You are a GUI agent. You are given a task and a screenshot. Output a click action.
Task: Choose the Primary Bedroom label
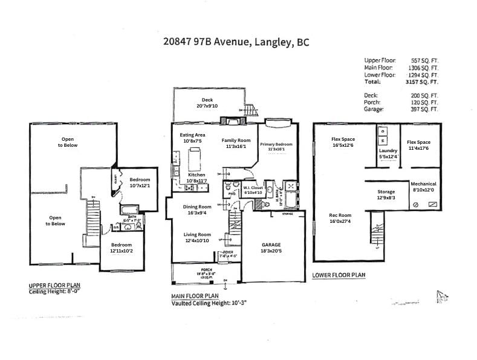tap(276, 145)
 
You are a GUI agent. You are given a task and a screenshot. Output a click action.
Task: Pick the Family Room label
tap(233, 143)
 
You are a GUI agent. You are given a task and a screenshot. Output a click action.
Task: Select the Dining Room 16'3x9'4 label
tap(197, 210)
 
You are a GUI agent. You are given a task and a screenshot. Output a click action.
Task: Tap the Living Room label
tap(197, 237)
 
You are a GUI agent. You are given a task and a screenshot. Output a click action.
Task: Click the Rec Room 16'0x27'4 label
tap(340, 218)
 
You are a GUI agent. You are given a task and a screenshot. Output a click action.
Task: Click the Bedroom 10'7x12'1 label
tap(139, 182)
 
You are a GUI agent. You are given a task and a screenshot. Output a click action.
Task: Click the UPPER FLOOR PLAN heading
tap(55, 285)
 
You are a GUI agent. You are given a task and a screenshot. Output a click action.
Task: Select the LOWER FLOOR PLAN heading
tap(339, 275)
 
